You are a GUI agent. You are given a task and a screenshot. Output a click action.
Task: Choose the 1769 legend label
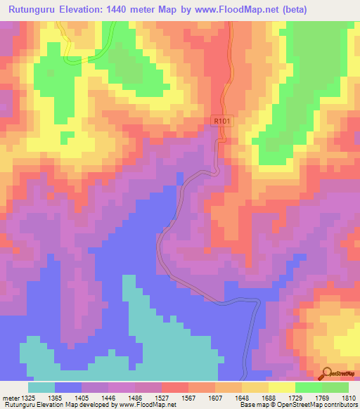click(322, 398)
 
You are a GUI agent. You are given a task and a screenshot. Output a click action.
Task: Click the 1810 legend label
click(348, 398)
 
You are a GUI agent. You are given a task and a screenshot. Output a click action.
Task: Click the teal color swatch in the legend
click(41, 387)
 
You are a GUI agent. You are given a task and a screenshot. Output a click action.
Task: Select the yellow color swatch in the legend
click(282, 387)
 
